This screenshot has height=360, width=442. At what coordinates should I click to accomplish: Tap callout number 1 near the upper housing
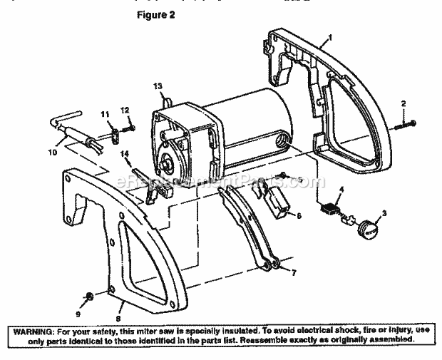[x=330, y=36]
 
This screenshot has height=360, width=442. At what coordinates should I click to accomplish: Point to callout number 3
[x=386, y=213]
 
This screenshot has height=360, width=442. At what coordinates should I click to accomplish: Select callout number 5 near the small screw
[x=300, y=179]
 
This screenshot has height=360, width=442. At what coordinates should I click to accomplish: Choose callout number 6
[x=299, y=215]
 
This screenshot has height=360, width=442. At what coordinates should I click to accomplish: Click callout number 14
[x=125, y=153]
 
